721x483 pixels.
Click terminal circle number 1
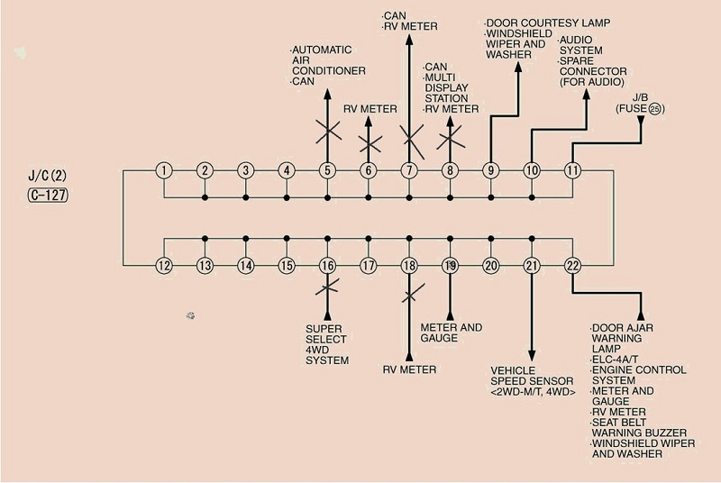click(x=164, y=169)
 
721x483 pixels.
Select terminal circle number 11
click(x=572, y=169)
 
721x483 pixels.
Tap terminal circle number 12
click(x=164, y=265)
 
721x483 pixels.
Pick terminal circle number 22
click(x=572, y=265)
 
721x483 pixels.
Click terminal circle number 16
click(x=327, y=265)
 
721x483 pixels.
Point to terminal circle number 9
click(x=491, y=169)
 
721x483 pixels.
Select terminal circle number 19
click(x=450, y=265)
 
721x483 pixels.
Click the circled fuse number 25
click(x=655, y=109)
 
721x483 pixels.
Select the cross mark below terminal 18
click(x=410, y=294)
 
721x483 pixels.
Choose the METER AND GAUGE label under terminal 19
click(x=452, y=333)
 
